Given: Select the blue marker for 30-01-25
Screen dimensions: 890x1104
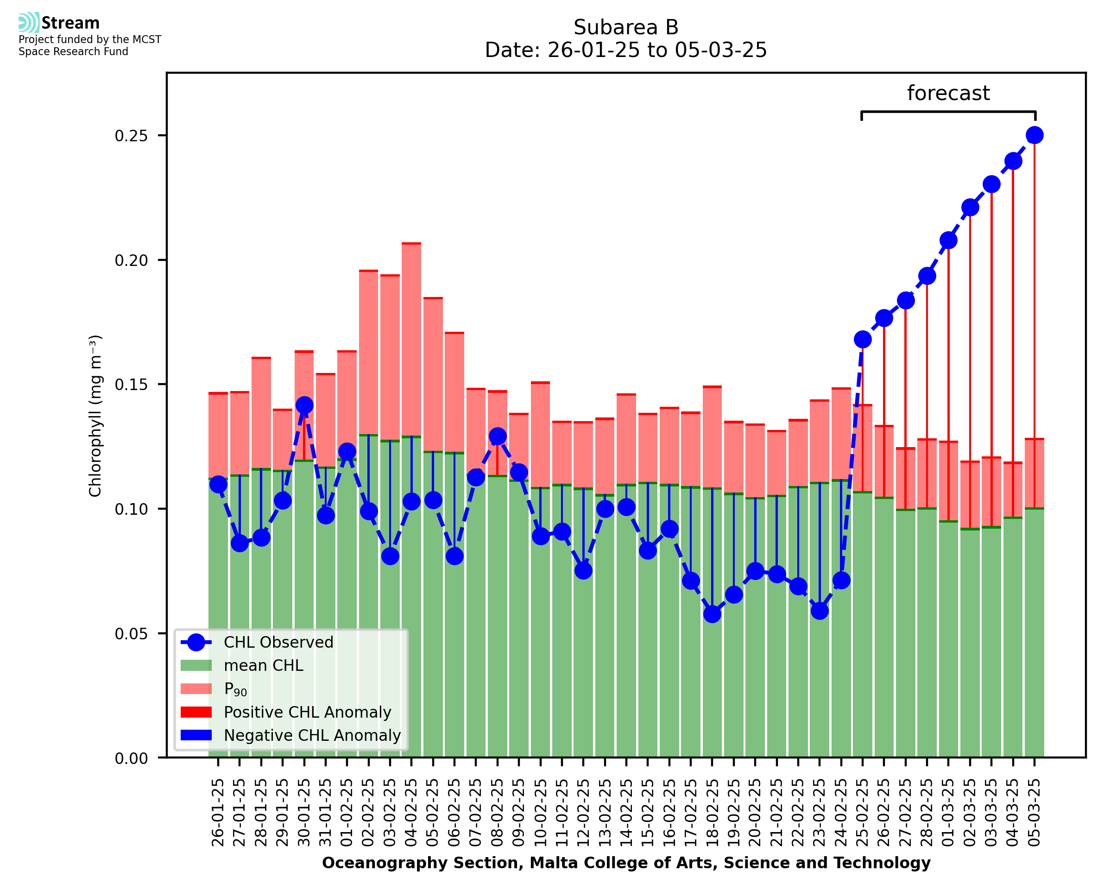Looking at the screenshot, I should click(304, 405).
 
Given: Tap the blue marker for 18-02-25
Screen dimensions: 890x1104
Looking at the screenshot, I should click(712, 614).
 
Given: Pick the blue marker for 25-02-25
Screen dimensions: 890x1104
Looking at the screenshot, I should click(863, 340).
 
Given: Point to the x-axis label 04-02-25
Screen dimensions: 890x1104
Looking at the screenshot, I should click(411, 813).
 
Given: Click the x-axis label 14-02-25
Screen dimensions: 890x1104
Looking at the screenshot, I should click(626, 813).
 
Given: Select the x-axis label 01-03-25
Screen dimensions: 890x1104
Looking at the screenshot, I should click(948, 813).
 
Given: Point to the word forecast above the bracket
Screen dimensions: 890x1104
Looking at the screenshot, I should click(948, 93).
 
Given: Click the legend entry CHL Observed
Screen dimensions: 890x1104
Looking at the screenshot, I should click(278, 643).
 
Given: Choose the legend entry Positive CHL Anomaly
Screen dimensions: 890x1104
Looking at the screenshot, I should click(307, 712).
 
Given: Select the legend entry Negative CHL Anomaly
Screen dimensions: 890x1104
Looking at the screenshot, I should click(312, 735).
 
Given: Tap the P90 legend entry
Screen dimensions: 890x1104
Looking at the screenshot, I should click(235, 689).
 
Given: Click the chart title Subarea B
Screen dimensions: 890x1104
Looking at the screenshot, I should click(626, 27).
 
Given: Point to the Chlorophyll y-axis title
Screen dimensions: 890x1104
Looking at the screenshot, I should click(95, 416).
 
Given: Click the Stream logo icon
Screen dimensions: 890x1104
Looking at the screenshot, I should click(29, 23).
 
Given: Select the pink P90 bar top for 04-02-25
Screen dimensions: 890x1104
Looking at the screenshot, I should click(411, 244).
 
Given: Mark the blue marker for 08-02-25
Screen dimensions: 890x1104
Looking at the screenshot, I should click(497, 436).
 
